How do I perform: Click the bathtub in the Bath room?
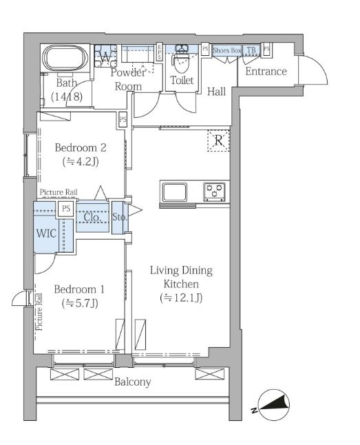65,59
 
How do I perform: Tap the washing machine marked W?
105,56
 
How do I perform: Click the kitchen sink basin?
174,192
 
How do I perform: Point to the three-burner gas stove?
214,192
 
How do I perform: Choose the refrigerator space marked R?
218,141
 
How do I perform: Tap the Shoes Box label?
227,50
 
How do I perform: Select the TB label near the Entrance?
251,50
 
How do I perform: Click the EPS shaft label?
160,52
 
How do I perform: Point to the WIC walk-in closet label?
46,234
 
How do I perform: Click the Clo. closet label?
92,218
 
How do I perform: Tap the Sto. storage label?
120,217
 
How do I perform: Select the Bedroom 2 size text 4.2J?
81,162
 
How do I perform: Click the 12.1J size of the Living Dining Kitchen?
181,298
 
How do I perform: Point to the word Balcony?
132,382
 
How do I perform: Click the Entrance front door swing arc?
319,67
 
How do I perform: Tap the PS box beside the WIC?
66,209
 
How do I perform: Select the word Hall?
217,92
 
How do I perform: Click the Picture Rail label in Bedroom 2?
59,192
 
